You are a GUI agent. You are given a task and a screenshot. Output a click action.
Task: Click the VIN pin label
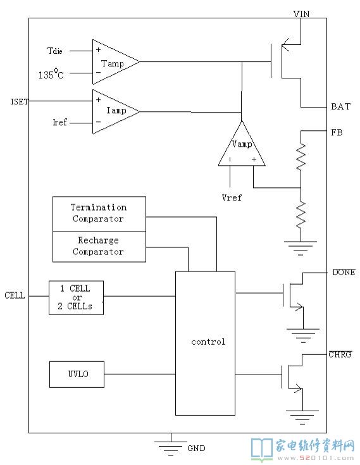(x=301, y=14)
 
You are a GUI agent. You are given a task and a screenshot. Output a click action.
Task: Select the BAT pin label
(x=341, y=106)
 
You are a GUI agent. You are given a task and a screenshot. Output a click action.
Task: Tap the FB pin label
(x=337, y=132)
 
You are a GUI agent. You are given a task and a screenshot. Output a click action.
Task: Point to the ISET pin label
(x=20, y=102)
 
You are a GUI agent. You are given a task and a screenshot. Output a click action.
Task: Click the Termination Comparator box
(x=99, y=214)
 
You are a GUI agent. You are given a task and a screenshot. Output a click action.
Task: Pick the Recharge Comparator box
(x=99, y=247)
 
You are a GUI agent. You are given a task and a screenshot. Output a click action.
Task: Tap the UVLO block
(x=77, y=375)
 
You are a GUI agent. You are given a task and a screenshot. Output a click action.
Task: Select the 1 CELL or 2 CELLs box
(x=76, y=297)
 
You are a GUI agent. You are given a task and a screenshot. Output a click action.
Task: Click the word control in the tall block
(x=208, y=342)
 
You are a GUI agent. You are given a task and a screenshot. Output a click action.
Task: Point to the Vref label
(x=232, y=198)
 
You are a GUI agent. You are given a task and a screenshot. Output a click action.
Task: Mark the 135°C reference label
(x=51, y=73)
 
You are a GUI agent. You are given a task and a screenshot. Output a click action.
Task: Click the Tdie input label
(x=55, y=51)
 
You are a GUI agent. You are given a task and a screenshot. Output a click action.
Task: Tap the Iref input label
(x=59, y=122)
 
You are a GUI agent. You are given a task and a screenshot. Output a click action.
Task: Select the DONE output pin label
(x=344, y=272)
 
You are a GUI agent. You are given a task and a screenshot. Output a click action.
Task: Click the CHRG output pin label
(x=340, y=354)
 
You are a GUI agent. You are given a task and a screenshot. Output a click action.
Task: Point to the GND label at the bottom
(x=196, y=449)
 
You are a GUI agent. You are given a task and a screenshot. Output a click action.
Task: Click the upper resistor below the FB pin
(x=301, y=157)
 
